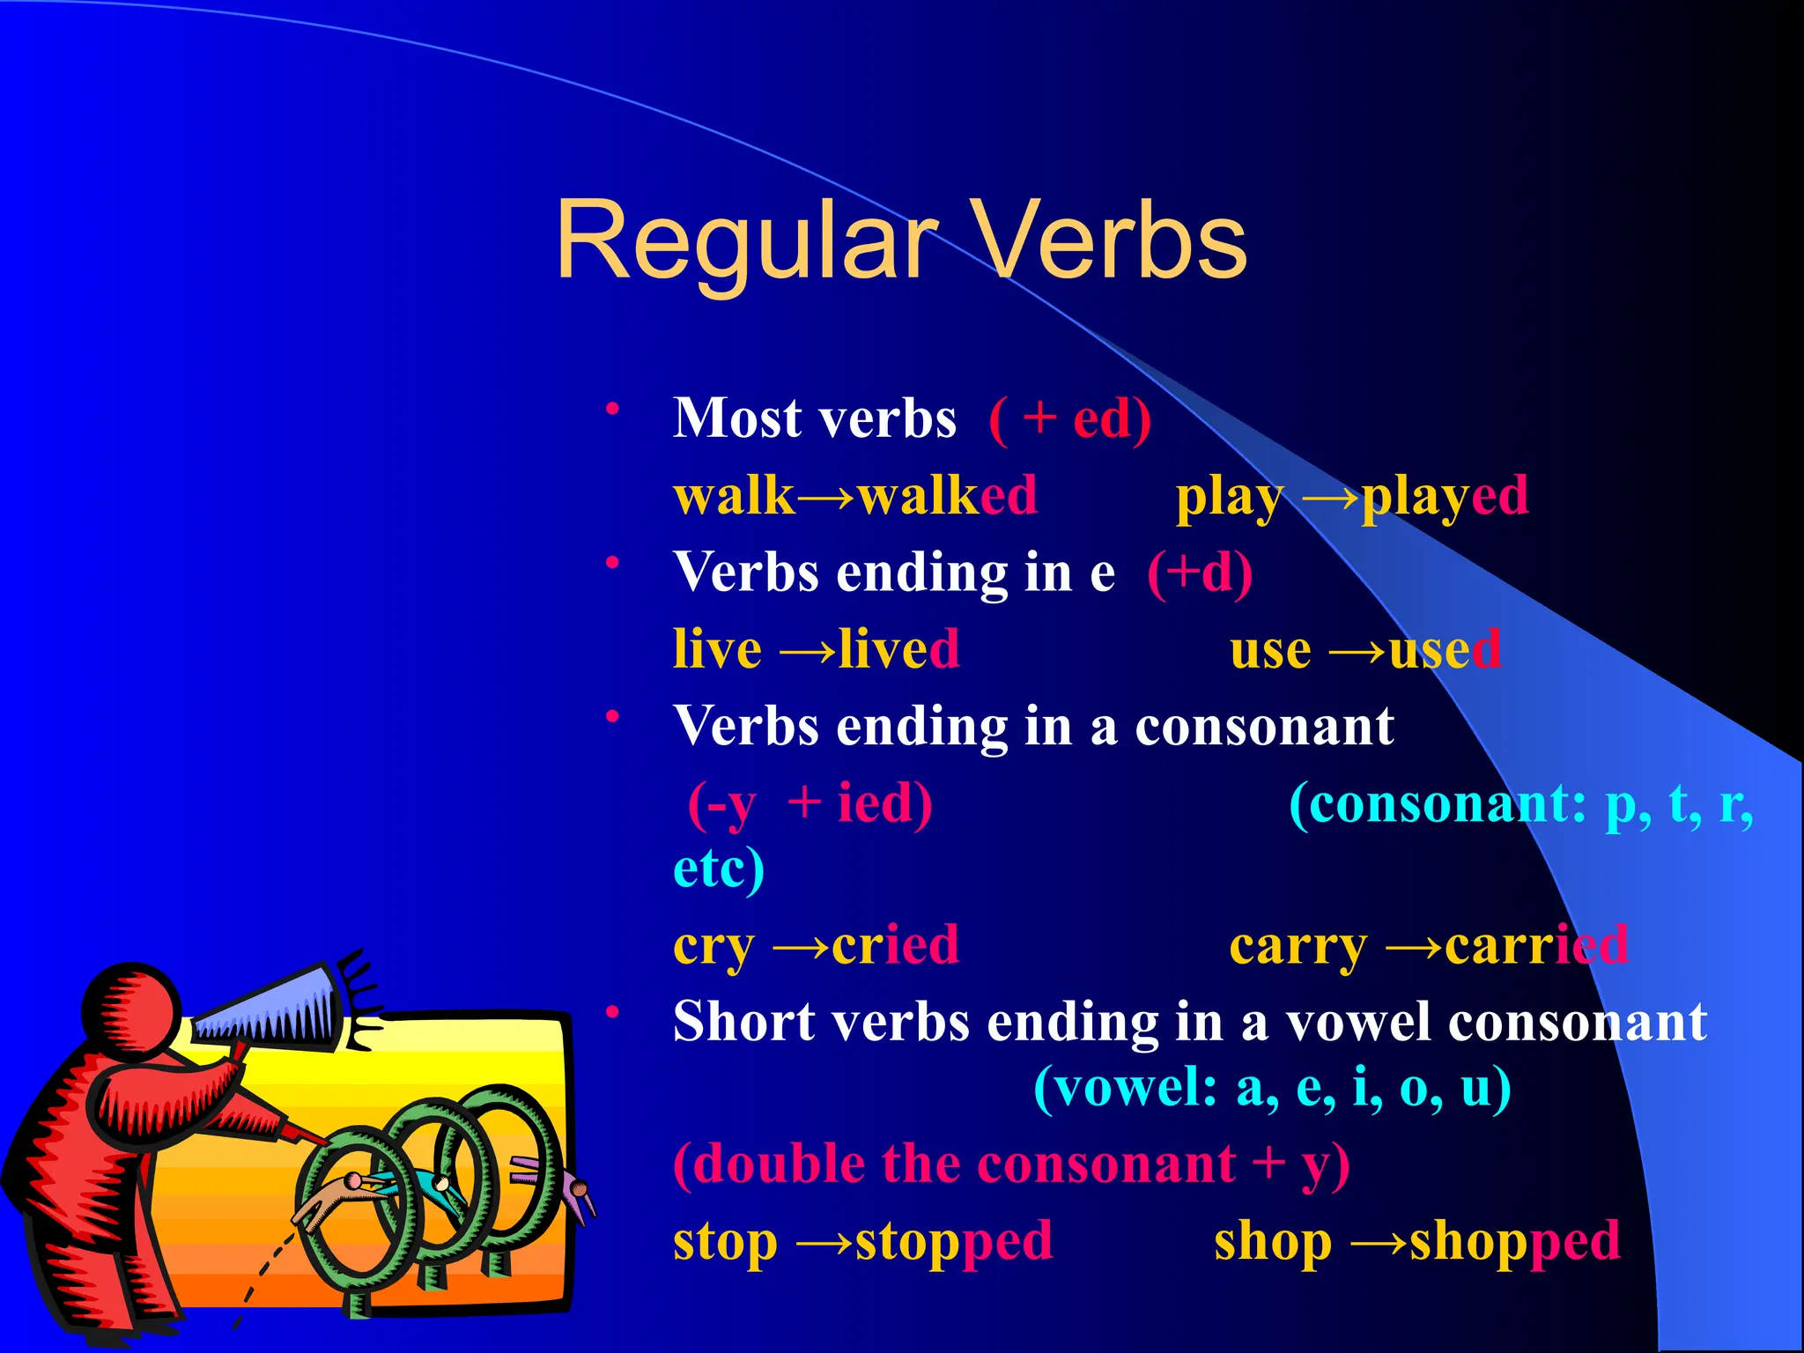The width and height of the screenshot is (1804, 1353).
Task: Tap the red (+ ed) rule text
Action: (x=1070, y=418)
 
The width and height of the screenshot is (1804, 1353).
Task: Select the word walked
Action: (x=948, y=496)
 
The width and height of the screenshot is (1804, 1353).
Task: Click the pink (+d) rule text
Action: (x=1200, y=573)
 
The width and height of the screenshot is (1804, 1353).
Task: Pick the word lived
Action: (x=898, y=650)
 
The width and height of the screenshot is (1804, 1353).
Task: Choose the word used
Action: (x=1445, y=650)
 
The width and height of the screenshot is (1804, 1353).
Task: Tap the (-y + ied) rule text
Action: (x=810, y=804)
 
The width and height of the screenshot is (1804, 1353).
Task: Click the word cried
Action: (x=895, y=945)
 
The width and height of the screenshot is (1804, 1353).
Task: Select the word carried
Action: (x=1536, y=945)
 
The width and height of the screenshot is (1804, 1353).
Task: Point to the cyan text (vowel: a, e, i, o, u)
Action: (x=1272, y=1089)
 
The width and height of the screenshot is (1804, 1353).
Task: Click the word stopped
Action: (x=954, y=1242)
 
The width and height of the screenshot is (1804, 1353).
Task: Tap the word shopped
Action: (x=1515, y=1242)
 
